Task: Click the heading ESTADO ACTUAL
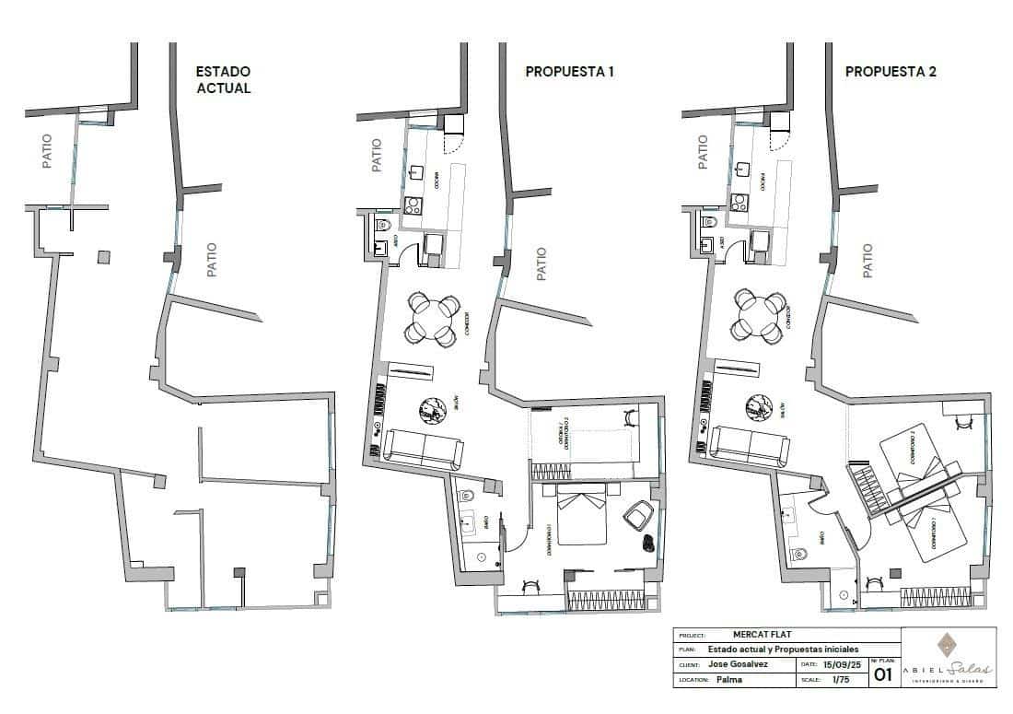point(222,80)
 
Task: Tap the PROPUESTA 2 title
point(891,71)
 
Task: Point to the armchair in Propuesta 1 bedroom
point(637,516)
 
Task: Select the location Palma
point(728,680)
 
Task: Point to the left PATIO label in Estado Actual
point(47,151)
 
